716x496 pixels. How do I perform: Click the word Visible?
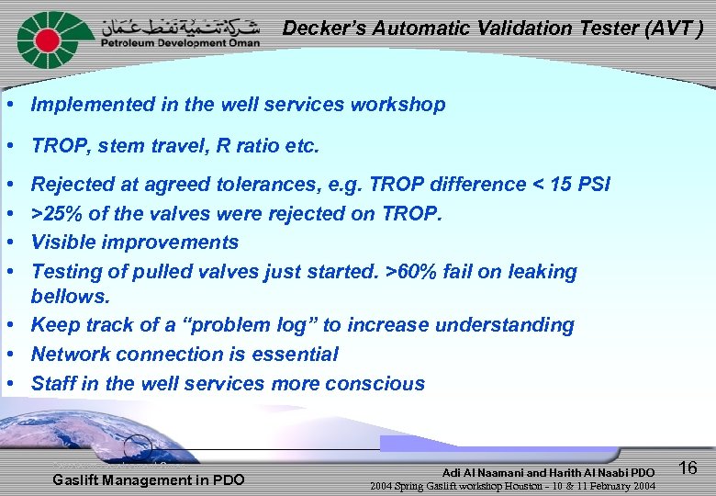(x=62, y=242)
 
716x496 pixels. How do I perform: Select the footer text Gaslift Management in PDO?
(x=149, y=479)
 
